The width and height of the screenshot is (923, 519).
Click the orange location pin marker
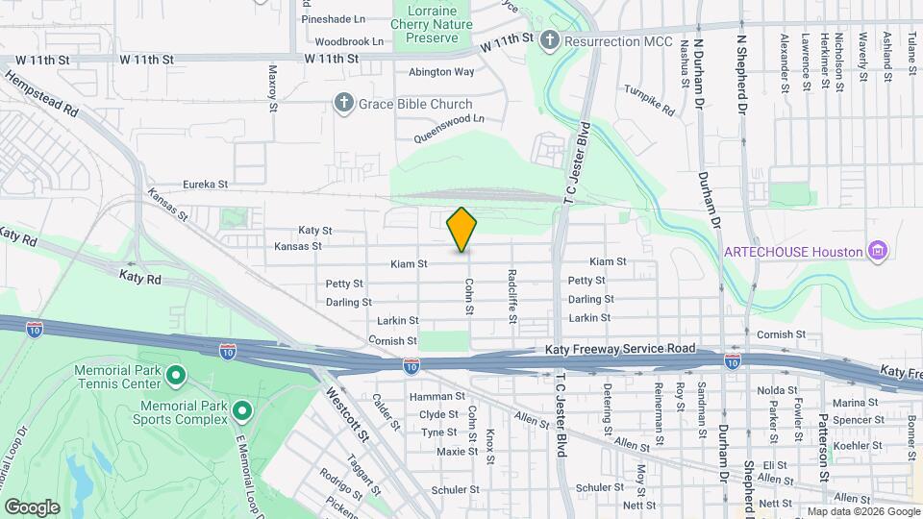[x=461, y=230]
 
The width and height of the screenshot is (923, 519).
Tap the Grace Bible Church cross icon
[x=344, y=104]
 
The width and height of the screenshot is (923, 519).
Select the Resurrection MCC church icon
[x=550, y=41]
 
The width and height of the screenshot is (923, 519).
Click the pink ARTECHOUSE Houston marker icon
[x=876, y=252]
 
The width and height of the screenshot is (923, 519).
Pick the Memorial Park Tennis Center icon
[x=175, y=374]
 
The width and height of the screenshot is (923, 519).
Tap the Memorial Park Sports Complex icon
[x=241, y=411]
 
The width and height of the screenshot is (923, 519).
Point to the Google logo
[x=32, y=507]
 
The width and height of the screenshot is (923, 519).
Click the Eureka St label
[x=205, y=184]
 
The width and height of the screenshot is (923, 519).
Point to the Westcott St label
[x=347, y=413]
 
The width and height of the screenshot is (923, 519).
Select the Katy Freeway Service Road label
[x=619, y=352]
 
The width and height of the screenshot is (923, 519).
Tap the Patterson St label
[x=824, y=433]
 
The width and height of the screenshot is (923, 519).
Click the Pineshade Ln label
[x=333, y=18]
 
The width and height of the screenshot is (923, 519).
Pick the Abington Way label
[x=441, y=72]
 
